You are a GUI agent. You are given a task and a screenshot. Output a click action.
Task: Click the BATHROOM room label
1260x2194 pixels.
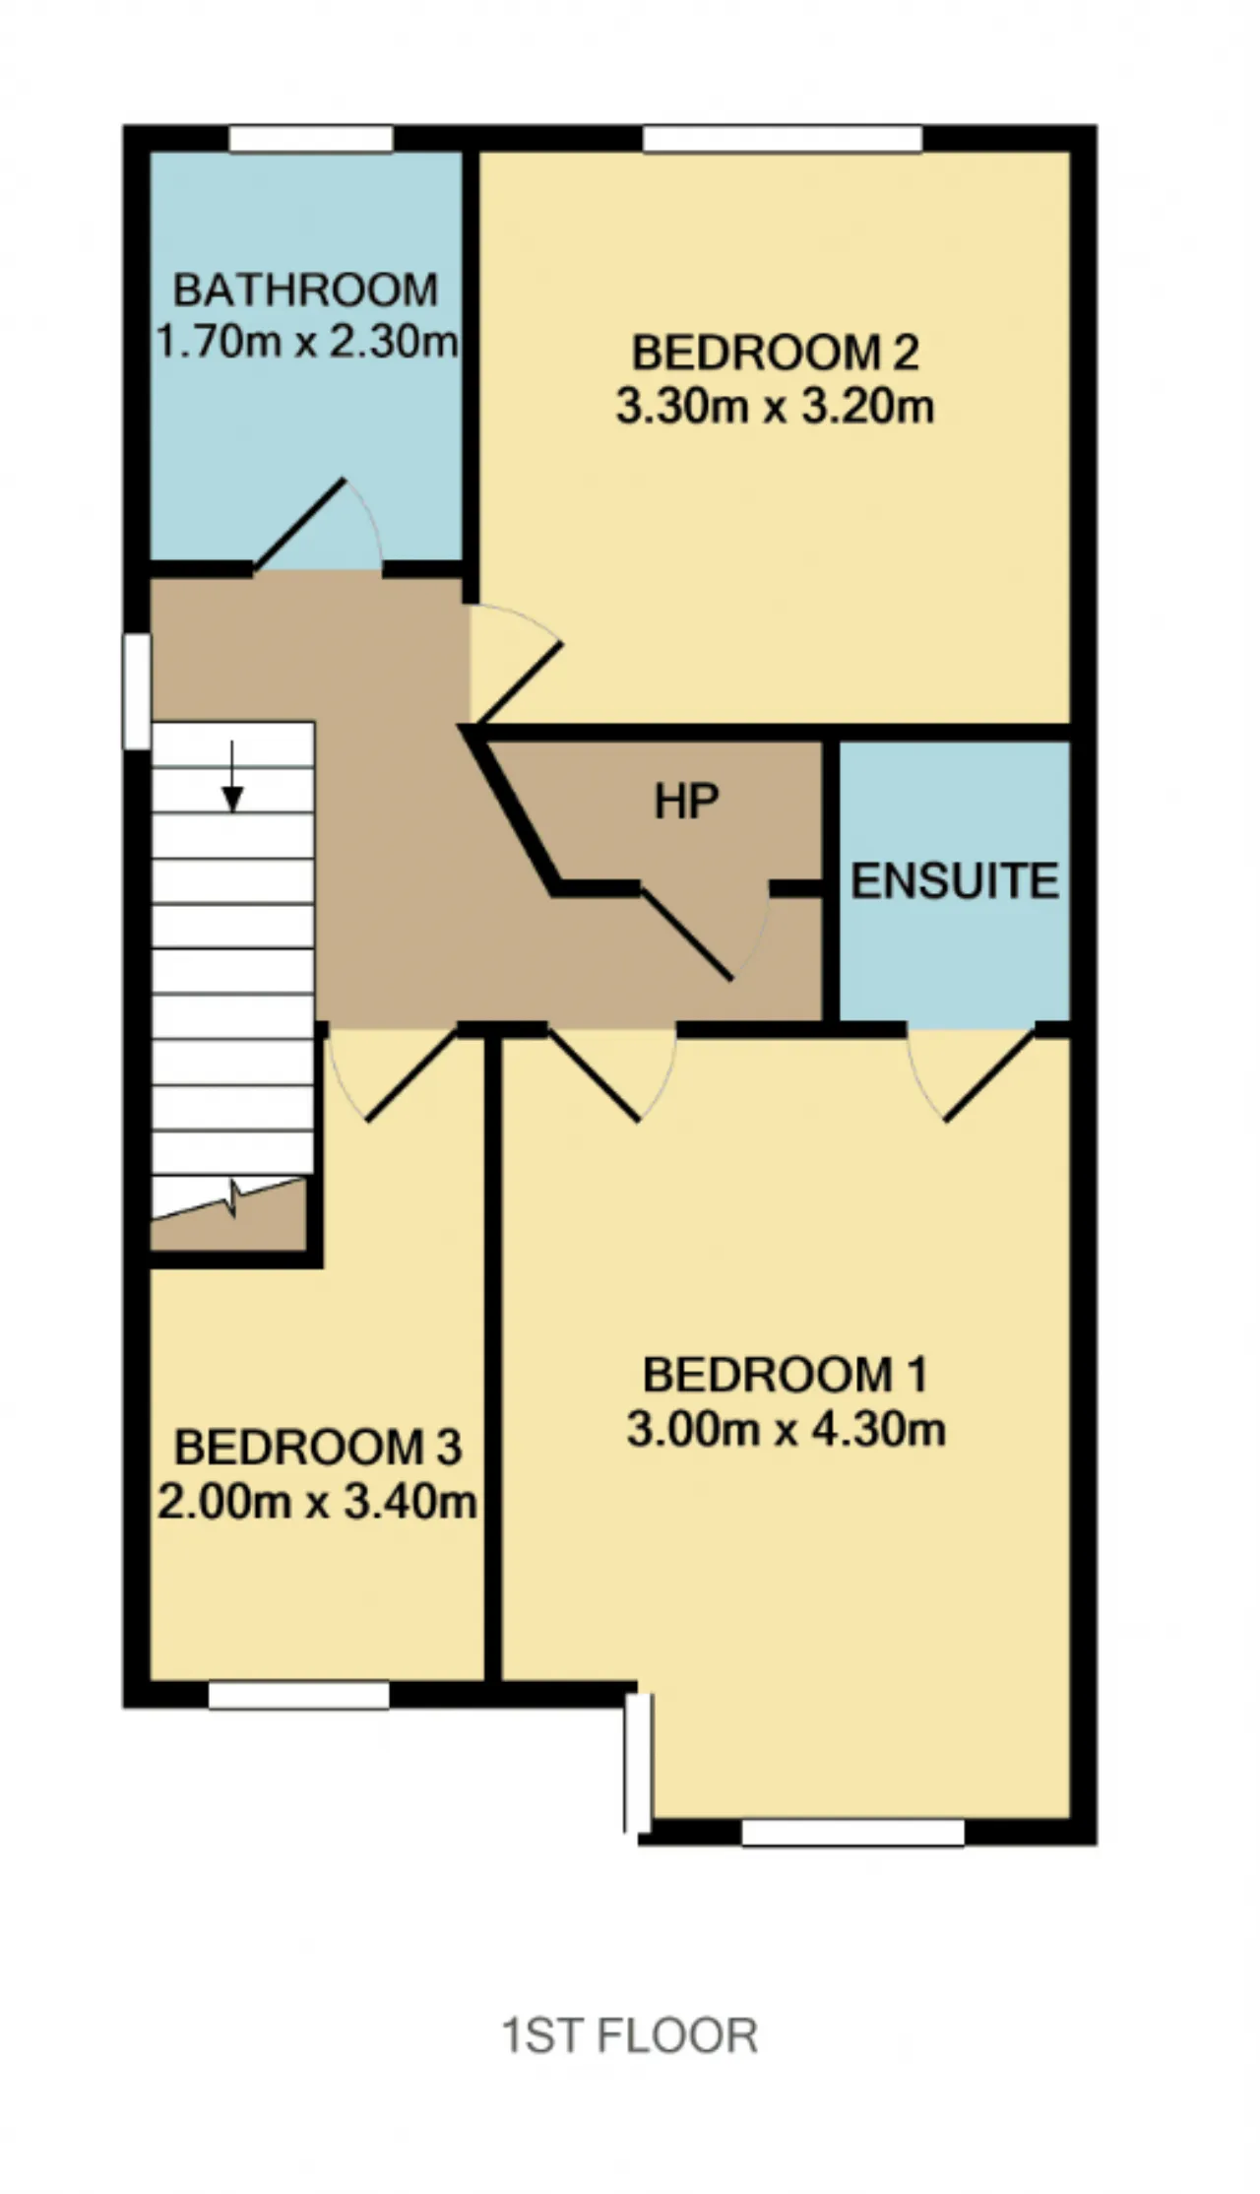[305, 290]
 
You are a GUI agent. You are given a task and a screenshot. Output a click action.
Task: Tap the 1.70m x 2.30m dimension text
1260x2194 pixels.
[307, 342]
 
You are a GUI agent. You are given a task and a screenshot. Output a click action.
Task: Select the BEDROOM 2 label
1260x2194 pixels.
[775, 354]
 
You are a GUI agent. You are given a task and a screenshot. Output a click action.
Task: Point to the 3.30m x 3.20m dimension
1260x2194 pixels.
[775, 406]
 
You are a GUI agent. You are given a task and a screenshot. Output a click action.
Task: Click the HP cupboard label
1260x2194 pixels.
[687, 803]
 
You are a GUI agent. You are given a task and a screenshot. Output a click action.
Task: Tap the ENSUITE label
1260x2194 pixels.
[955, 881]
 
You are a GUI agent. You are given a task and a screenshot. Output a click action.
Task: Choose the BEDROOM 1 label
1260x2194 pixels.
[785, 1376]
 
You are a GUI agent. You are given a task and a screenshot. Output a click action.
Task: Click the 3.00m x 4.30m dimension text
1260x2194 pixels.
[786, 1429]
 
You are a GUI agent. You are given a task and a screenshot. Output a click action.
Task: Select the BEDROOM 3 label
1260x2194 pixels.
[318, 1448]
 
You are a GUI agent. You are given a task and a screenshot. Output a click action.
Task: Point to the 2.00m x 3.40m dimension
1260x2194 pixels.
[317, 1502]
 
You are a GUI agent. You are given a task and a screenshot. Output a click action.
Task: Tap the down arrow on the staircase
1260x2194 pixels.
[232, 776]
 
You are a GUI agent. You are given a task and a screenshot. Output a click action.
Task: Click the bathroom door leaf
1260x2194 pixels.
[299, 525]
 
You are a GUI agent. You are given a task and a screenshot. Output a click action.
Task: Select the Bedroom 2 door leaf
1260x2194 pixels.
[516, 686]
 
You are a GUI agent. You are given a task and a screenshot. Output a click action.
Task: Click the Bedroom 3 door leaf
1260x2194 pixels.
[411, 1075]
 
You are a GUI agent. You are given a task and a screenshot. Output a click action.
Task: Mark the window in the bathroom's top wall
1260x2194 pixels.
[311, 139]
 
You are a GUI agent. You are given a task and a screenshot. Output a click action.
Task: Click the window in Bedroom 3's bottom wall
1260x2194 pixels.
[299, 1695]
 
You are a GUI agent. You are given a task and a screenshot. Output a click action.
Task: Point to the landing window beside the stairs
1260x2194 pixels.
[137, 691]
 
